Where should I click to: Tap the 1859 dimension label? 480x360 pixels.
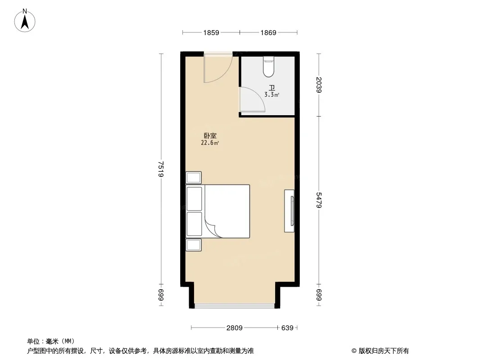point(211,33)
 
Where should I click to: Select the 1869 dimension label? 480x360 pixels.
point(268,33)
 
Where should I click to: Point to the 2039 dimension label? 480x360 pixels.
point(319,85)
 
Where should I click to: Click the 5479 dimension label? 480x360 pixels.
point(319,200)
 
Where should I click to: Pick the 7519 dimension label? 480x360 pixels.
point(161,169)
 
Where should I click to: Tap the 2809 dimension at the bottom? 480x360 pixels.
point(234,328)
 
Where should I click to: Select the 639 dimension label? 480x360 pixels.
point(287,328)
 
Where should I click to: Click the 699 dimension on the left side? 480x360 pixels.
point(161,295)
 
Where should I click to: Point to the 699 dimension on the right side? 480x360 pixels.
point(319,295)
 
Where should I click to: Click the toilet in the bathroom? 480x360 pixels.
point(268,67)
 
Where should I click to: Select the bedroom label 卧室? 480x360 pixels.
point(210,135)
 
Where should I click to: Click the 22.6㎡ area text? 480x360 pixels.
point(210,143)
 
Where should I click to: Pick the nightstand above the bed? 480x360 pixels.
point(194,177)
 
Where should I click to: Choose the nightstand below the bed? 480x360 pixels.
point(194,245)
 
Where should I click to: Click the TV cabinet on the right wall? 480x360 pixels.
point(289,211)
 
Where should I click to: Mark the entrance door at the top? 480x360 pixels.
point(218,68)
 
